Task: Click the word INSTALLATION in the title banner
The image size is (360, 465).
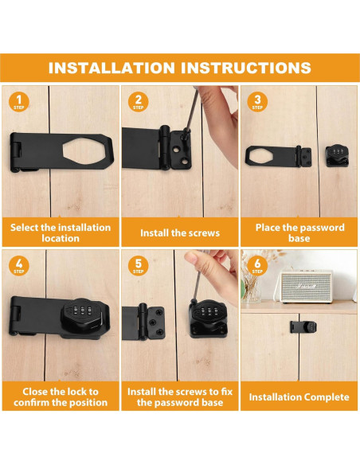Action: (112, 68)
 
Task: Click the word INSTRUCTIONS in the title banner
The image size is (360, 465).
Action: (246, 68)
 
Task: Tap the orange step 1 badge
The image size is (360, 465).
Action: (19, 102)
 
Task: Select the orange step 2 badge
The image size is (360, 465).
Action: (139, 102)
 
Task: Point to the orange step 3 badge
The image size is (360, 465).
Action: (257, 102)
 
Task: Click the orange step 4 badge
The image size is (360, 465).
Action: (19, 266)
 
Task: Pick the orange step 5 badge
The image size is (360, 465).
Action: (139, 266)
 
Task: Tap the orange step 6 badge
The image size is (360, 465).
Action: (257, 266)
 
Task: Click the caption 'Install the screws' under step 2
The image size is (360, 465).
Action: (180, 233)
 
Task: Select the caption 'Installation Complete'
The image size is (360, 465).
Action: (299, 397)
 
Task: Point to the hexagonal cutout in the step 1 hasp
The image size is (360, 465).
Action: (84, 151)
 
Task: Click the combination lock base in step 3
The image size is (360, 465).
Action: (337, 156)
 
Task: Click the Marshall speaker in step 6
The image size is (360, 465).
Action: (305, 287)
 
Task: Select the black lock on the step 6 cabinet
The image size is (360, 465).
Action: (303, 327)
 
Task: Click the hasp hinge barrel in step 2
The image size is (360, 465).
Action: (165, 147)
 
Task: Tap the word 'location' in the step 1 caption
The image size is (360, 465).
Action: (61, 238)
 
